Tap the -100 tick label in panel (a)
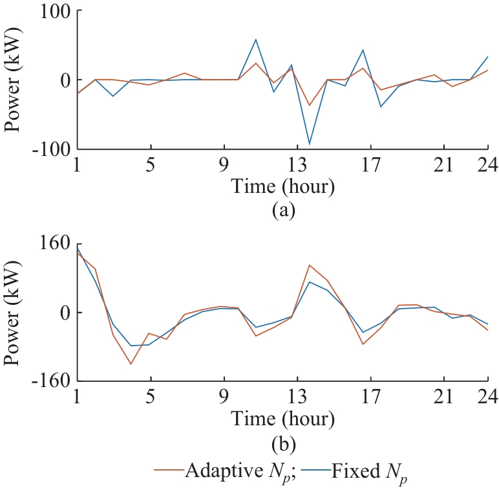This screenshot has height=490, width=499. click(49, 148)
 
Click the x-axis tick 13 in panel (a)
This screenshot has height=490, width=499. click(297, 164)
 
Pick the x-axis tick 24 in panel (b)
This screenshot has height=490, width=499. click(486, 397)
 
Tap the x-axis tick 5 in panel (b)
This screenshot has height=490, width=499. click(151, 397)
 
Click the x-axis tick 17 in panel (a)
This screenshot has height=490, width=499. click(370, 164)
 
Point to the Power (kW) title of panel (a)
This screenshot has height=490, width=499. click(14, 80)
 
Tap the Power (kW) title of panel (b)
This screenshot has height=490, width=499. click(14, 312)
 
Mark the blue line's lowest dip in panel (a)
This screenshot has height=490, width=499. click(310, 144)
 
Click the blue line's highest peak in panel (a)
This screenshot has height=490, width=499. click(256, 39)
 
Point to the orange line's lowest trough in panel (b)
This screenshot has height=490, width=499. click(131, 364)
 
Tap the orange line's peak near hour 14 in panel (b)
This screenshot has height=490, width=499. click(310, 265)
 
